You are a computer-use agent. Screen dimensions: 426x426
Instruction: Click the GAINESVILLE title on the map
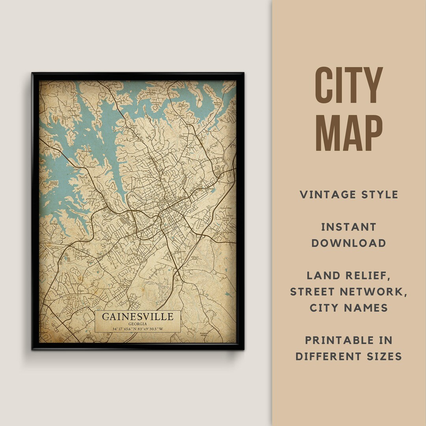point(138,316)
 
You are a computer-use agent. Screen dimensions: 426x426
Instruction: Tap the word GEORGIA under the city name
point(138,324)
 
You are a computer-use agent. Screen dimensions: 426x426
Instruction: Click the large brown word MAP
point(349,133)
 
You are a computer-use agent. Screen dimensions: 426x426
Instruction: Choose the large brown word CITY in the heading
point(349,85)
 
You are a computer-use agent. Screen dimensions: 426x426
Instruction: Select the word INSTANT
point(349,227)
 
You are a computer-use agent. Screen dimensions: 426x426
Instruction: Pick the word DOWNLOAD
point(349,243)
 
